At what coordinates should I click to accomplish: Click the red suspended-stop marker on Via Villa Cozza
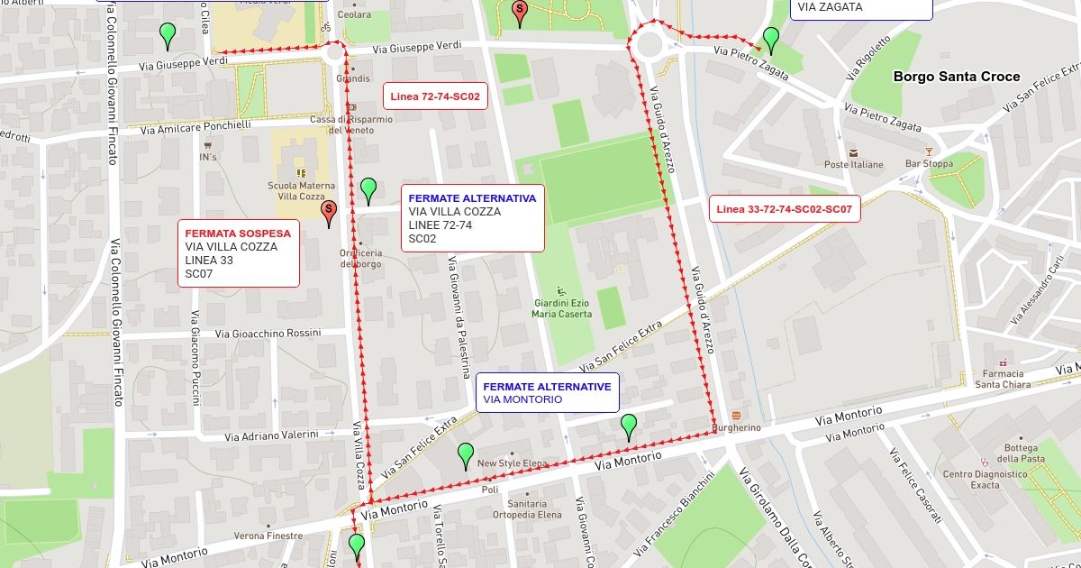tap(329, 211)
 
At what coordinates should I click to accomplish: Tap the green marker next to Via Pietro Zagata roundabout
tap(771, 39)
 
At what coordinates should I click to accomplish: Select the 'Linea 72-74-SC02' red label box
tap(435, 96)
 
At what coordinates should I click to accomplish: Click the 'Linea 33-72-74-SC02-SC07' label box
tap(784, 209)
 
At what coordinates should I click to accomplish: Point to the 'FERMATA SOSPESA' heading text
tap(238, 233)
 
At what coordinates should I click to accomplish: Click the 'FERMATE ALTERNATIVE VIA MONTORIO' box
tap(547, 392)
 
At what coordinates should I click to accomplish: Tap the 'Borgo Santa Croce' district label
tap(957, 77)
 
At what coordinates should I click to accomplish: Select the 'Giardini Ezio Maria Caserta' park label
tap(563, 307)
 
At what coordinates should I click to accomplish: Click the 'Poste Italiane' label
tap(853, 164)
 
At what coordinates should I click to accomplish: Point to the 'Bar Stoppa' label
tap(929, 164)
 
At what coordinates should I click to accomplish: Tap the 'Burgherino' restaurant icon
tap(737, 415)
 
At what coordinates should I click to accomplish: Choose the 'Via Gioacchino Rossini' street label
tap(268, 334)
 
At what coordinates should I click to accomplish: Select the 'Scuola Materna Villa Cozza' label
tap(301, 190)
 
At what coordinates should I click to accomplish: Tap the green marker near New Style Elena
tap(466, 454)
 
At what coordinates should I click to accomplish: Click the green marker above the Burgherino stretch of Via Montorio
tap(629, 425)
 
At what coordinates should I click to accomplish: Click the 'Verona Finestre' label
tap(268, 536)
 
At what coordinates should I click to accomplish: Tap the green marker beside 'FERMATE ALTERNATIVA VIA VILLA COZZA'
tap(368, 189)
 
